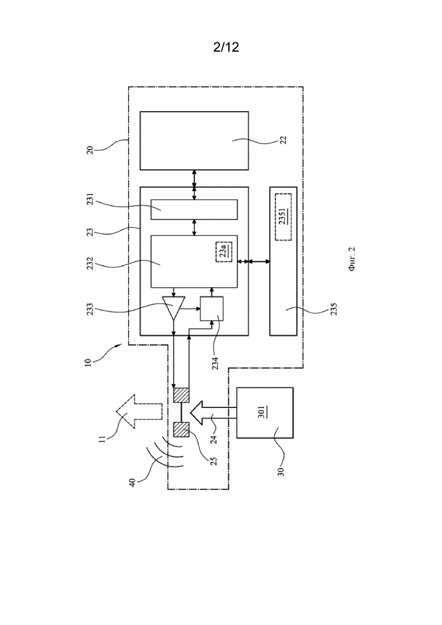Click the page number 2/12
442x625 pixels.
tap(226, 47)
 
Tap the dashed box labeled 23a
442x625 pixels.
tap(224, 252)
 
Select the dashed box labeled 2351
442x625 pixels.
tap(283, 217)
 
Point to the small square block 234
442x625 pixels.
tap(211, 308)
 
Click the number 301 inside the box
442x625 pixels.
tap(261, 412)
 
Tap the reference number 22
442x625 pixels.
tap(283, 139)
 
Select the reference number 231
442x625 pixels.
tap(90, 199)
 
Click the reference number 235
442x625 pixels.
tap(334, 309)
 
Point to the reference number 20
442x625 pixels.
tap(90, 150)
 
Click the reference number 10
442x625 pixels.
tap(88, 362)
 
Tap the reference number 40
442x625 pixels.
tap(132, 482)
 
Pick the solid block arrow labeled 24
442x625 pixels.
tap(213, 412)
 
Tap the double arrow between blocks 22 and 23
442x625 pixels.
tap(194, 178)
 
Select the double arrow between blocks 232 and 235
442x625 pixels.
tap(253, 261)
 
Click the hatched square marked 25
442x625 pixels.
tap(182, 430)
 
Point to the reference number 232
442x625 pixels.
tap(90, 263)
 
